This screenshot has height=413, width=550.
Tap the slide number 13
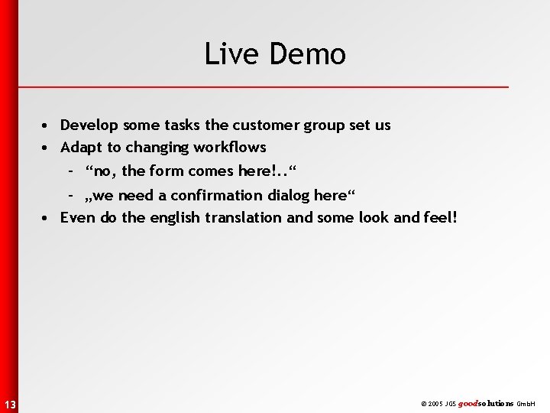8,403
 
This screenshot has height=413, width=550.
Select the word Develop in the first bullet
88,125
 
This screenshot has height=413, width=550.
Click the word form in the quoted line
165,171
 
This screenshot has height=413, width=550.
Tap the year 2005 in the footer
436,402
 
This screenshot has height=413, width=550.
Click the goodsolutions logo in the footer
485,402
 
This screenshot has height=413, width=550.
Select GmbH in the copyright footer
526,402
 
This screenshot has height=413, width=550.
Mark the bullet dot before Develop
47,125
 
